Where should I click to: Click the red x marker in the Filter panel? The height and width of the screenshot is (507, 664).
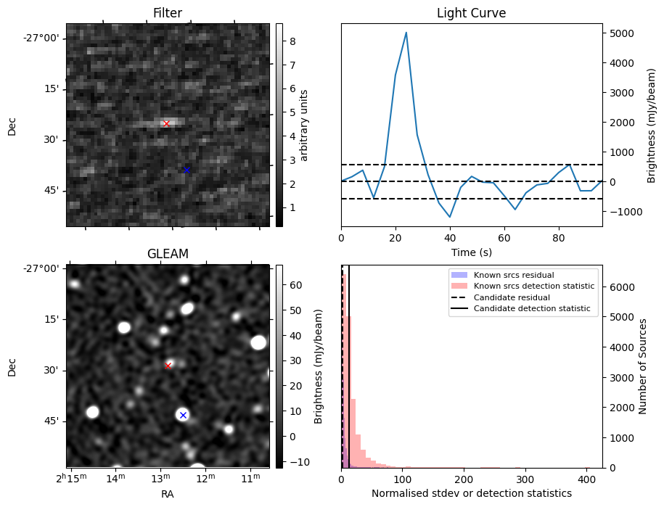click(x=166, y=124)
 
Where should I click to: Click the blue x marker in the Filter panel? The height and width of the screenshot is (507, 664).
click(x=187, y=170)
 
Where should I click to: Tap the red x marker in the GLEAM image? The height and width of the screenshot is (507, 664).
click(x=168, y=366)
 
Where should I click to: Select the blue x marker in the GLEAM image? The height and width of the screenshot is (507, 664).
click(x=183, y=415)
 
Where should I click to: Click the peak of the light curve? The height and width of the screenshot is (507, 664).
click(x=406, y=33)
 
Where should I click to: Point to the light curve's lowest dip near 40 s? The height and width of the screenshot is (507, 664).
click(x=450, y=217)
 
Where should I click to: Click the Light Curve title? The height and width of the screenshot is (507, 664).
click(x=471, y=13)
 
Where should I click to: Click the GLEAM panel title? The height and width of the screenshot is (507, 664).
click(x=168, y=254)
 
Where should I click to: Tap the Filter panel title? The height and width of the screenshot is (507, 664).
click(x=168, y=13)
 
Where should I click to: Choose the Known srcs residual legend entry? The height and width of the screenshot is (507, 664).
click(x=513, y=276)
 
